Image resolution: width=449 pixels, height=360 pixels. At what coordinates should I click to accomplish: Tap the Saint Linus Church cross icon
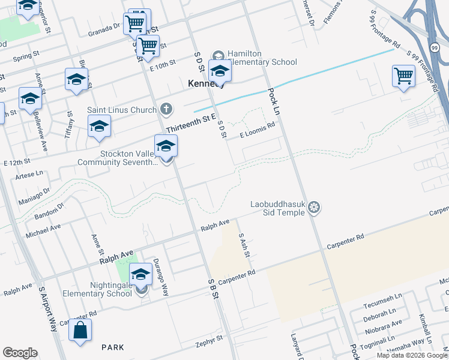pyautogui.click(x=167, y=110)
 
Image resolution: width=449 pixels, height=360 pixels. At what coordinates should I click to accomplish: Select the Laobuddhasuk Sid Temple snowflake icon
pyautogui.click(x=313, y=208)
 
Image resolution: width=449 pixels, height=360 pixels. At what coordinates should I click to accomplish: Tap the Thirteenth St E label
pyautogui.click(x=190, y=124)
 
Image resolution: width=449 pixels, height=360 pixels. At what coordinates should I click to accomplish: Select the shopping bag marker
pyautogui.click(x=80, y=331)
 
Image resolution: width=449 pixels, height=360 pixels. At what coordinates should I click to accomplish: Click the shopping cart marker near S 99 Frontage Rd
pyautogui.click(x=403, y=77)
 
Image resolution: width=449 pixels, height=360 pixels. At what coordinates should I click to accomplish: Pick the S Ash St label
pyautogui.click(x=244, y=245)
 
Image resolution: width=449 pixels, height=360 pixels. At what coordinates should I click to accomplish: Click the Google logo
pyautogui.click(x=20, y=353)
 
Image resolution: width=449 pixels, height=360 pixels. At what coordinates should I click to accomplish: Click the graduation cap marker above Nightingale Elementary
pyautogui.click(x=140, y=274)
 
